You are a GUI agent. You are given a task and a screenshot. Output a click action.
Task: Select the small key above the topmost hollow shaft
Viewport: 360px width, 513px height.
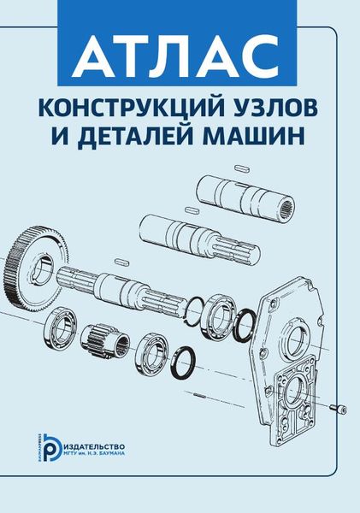241,168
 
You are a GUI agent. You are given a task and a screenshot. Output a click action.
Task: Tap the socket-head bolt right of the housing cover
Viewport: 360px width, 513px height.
339,409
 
